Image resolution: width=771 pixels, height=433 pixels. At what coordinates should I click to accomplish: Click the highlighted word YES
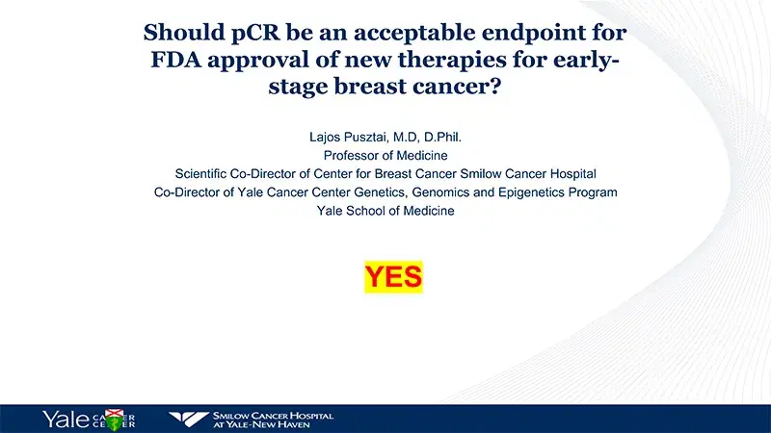pos(393,277)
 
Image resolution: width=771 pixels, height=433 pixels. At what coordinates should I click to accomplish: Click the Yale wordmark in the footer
pos(66,419)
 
